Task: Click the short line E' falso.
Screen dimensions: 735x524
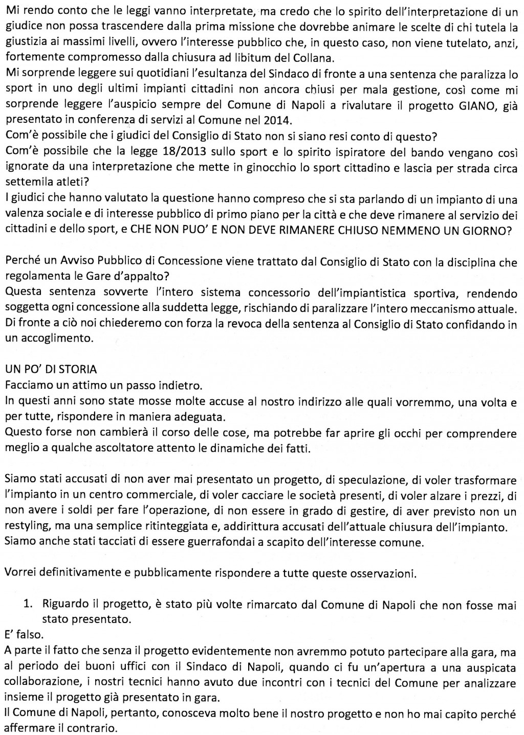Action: click(x=24, y=635)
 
